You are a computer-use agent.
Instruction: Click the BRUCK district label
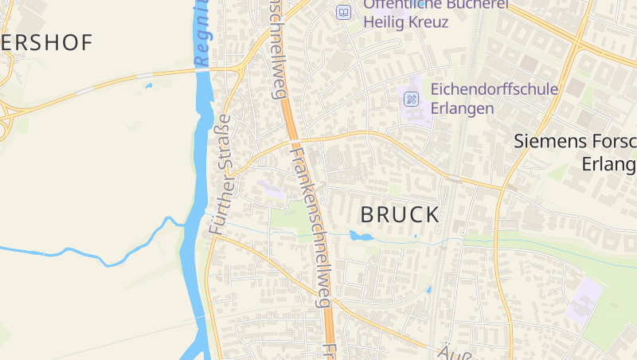point(400,214)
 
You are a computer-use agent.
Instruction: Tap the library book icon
point(343,12)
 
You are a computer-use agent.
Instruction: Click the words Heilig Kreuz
point(405,22)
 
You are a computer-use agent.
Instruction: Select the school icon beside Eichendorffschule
point(412,100)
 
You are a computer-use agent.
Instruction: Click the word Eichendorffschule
point(494,89)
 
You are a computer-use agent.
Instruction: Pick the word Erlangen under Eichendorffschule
point(463,108)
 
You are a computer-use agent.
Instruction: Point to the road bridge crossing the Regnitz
point(201,71)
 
